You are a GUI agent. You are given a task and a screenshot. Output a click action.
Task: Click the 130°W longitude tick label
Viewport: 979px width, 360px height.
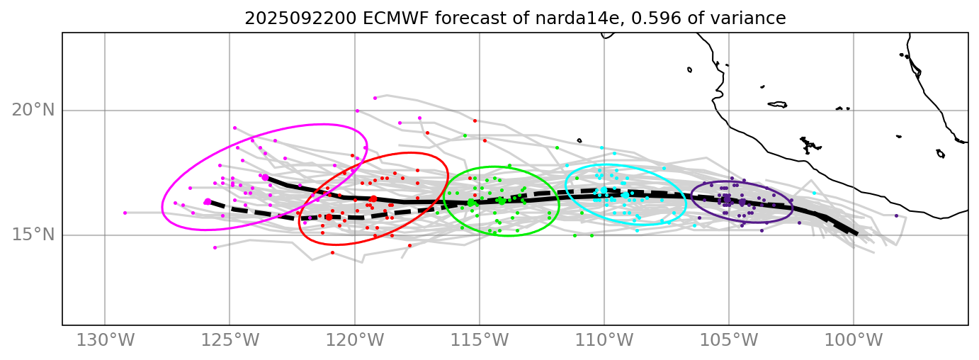point(105,340)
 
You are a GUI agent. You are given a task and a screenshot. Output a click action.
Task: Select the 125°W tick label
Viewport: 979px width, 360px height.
point(230,340)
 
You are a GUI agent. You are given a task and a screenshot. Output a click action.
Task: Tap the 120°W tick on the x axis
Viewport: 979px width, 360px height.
point(354,340)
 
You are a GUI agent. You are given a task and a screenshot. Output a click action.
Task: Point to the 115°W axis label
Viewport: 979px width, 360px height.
point(480,340)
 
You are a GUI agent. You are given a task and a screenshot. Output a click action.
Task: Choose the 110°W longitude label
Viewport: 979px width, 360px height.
point(604,340)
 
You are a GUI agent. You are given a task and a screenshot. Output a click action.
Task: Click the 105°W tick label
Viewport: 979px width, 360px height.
point(729,340)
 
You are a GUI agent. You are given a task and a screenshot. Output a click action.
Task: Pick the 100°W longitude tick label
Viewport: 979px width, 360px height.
point(854,340)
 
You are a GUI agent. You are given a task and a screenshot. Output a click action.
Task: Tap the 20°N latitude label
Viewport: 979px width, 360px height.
point(33,110)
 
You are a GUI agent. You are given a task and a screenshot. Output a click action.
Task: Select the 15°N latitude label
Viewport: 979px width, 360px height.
point(33,235)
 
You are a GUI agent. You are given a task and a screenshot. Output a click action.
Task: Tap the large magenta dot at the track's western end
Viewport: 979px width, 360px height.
point(208,202)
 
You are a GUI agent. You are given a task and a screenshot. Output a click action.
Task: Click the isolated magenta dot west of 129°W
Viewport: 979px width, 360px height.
point(125,213)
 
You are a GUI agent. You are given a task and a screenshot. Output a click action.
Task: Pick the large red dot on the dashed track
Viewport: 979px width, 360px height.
point(329,217)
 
